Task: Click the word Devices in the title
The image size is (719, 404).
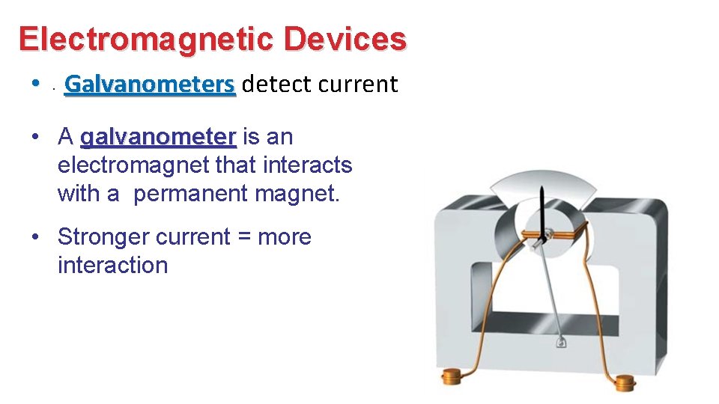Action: click(345, 39)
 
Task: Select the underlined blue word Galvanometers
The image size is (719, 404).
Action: click(150, 85)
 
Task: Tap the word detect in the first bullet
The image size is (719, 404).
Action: click(277, 85)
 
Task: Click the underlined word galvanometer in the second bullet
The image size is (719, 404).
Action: click(158, 137)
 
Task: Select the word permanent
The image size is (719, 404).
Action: click(191, 194)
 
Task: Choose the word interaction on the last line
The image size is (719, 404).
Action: click(112, 266)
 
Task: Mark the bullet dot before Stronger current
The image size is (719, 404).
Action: click(35, 237)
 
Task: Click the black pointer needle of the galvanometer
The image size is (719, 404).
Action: click(541, 209)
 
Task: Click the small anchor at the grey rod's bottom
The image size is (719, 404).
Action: click(561, 343)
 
